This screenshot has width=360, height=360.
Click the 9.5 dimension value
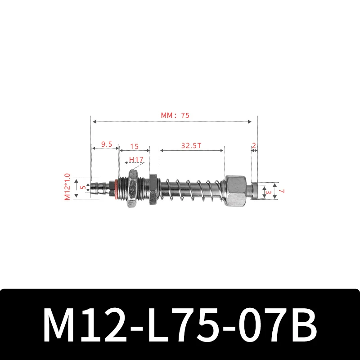[107, 144]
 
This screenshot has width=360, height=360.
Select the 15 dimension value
[134, 146]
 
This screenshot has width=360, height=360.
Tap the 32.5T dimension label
[191, 146]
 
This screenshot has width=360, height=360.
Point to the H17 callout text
[136, 159]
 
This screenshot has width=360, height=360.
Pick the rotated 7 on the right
[282, 191]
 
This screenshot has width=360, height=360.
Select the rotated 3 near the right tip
[269, 192]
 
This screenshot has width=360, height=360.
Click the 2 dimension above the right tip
[254, 146]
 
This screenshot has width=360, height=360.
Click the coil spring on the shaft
[191, 189]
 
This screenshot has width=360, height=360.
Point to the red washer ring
[118, 189]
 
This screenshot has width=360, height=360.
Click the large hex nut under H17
[133, 189]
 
